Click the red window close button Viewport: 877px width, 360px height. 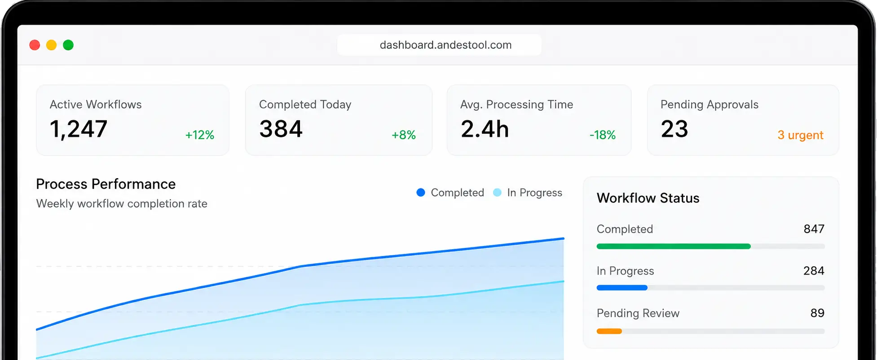pyautogui.click(x=35, y=45)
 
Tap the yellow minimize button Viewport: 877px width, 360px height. pyautogui.click(x=51, y=45)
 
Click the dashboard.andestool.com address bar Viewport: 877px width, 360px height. pyautogui.click(x=439, y=45)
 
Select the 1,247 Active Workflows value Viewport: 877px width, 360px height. pyautogui.click(x=79, y=129)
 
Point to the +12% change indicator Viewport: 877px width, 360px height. pyautogui.click(x=200, y=135)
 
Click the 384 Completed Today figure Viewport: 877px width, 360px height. pyautogui.click(x=281, y=129)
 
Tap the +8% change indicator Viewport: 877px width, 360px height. pyautogui.click(x=404, y=135)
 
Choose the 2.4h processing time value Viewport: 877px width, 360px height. pyautogui.click(x=485, y=129)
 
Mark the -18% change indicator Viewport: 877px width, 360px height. pyautogui.click(x=603, y=135)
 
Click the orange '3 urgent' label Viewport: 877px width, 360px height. pyautogui.click(x=801, y=135)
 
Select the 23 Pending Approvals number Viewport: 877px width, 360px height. pyautogui.click(x=674, y=129)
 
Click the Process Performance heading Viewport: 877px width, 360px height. pyautogui.click(x=106, y=184)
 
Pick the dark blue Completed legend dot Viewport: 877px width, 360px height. pyautogui.click(x=421, y=193)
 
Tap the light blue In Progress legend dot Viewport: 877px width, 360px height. pyautogui.click(x=497, y=193)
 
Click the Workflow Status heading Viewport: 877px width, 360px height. pyautogui.click(x=648, y=198)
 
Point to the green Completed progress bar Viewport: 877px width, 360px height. pyautogui.click(x=674, y=246)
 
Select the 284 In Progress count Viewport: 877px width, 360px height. pyautogui.click(x=814, y=271)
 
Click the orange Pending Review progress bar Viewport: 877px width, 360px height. pyautogui.click(x=609, y=331)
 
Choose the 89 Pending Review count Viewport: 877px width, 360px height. pyautogui.click(x=817, y=313)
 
